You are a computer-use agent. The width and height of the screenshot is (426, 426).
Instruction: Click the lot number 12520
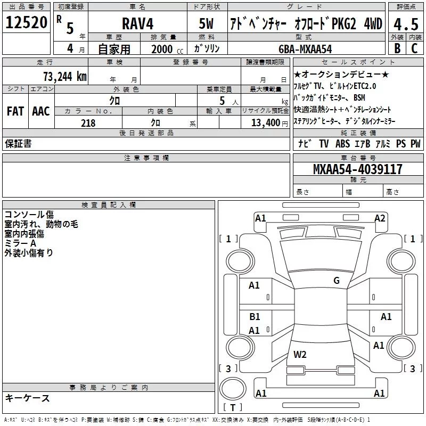click(x=26, y=22)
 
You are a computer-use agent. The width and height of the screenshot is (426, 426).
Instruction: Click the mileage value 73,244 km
click(x=64, y=77)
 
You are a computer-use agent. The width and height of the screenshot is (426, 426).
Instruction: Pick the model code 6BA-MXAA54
click(x=305, y=49)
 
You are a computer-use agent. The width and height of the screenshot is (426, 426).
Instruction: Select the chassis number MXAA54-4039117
click(x=357, y=169)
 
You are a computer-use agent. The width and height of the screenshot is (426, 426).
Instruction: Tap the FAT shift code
click(x=15, y=111)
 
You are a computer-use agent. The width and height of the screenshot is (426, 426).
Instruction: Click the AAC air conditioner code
click(x=40, y=111)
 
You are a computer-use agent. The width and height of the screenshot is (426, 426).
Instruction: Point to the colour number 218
click(x=88, y=123)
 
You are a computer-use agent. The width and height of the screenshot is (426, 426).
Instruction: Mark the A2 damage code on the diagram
click(x=380, y=218)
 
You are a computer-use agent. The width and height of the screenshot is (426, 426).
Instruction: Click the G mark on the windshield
click(x=336, y=281)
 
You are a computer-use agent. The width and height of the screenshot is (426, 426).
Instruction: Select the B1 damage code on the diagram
click(x=255, y=317)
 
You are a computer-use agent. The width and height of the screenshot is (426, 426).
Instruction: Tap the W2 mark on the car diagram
click(x=300, y=354)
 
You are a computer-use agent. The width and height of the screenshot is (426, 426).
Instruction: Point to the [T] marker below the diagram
click(x=233, y=407)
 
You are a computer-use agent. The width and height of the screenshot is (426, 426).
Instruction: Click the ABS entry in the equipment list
click(x=342, y=144)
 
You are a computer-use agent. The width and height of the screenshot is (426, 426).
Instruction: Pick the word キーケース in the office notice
click(x=28, y=398)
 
